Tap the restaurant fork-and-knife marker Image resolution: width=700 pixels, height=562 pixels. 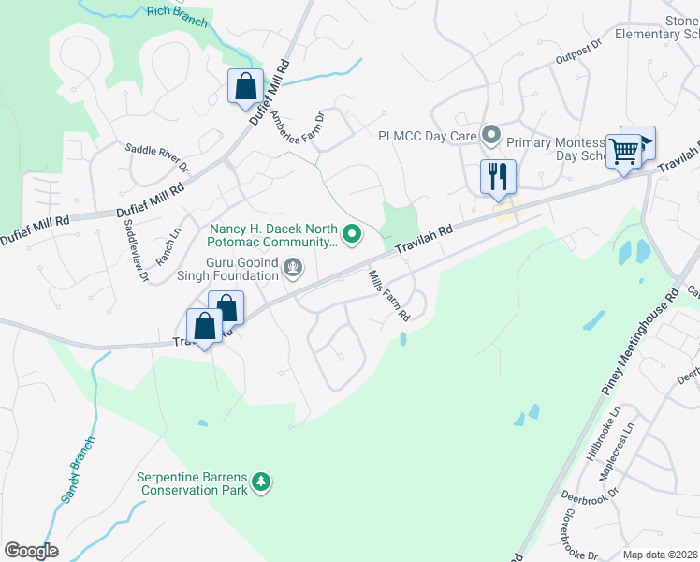pyautogui.click(x=497, y=175)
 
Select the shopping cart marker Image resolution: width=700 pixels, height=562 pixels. pyautogui.click(x=623, y=150)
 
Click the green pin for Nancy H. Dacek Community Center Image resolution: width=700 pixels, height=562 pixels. pyautogui.click(x=352, y=234)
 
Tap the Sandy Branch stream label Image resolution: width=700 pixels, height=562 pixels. pyautogui.click(x=79, y=470)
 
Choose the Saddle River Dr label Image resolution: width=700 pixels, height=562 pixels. pyautogui.click(x=158, y=156)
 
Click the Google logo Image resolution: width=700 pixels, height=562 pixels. pyautogui.click(x=31, y=550)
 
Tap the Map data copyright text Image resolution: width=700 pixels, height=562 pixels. pyautogui.click(x=659, y=555)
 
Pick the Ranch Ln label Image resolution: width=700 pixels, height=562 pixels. pyautogui.click(x=168, y=246)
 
